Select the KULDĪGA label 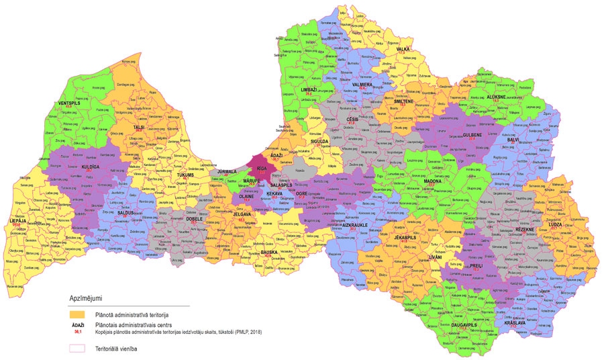pyautogui.click(x=91, y=166)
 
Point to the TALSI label pyautogui.click(x=139, y=127)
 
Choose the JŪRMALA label pyautogui.click(x=225, y=171)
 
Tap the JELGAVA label pyautogui.click(x=241, y=215)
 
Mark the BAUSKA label pyautogui.click(x=269, y=252)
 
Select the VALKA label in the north pyautogui.click(x=403, y=49)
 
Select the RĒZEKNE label pyautogui.click(x=525, y=230)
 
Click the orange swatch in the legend pyautogui.click(x=79, y=313)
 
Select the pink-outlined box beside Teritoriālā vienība pyautogui.click(x=79, y=348)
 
